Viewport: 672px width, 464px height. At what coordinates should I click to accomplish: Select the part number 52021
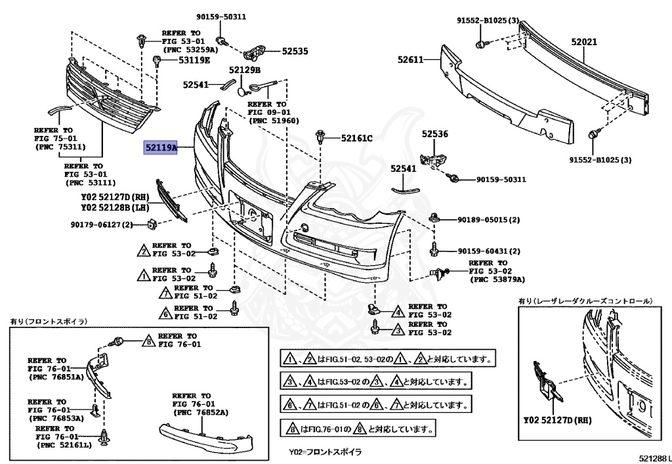[x=583, y=41]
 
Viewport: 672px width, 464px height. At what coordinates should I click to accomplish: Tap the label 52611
[x=411, y=59]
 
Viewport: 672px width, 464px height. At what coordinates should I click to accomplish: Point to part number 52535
[x=295, y=51]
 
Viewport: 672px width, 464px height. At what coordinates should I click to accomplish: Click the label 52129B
[x=245, y=70]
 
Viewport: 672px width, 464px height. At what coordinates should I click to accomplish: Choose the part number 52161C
[x=356, y=138]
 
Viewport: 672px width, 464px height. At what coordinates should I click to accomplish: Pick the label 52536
[x=434, y=134]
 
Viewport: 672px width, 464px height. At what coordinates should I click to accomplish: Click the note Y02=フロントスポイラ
[x=325, y=453]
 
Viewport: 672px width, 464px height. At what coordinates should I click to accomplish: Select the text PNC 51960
[x=274, y=121]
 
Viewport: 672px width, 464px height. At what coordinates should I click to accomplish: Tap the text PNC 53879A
[x=497, y=279]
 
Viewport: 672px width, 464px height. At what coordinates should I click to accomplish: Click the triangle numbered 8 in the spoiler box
[x=149, y=340]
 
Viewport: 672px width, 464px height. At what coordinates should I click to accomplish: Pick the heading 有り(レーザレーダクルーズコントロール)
[x=585, y=301]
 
